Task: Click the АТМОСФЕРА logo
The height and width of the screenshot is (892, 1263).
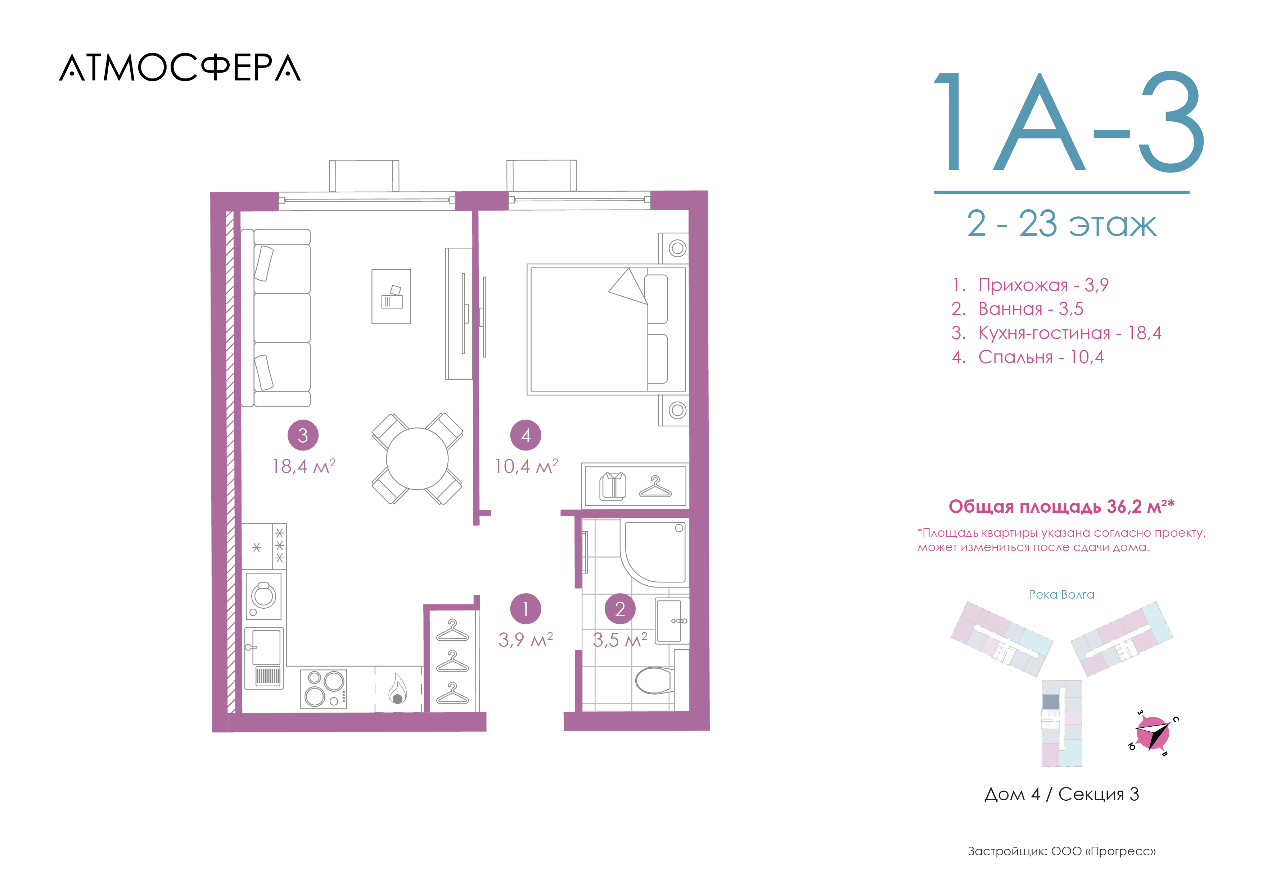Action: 180,68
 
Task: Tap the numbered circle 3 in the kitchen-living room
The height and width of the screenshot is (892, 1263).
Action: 303,435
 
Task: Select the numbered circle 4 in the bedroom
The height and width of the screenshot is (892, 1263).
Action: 526,435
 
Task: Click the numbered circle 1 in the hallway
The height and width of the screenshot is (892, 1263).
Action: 526,609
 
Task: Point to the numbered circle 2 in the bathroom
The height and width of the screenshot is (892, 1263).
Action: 620,609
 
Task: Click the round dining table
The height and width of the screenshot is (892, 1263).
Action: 417,458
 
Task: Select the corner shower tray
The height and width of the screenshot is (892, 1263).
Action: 655,552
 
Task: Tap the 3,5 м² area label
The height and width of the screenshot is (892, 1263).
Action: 620,640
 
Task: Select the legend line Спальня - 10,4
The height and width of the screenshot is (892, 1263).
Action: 1028,357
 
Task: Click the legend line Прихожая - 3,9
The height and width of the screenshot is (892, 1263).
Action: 1030,285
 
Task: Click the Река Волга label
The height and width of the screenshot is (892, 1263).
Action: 1061,595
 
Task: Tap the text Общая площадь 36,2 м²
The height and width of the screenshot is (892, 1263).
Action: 1061,506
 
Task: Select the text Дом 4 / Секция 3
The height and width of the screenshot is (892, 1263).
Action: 1061,794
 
